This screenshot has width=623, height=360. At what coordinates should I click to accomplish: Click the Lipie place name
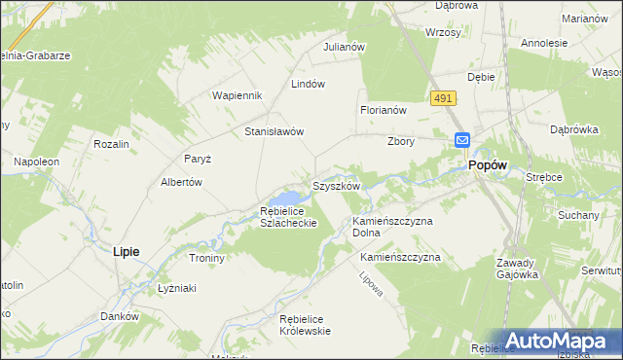pos(126,251)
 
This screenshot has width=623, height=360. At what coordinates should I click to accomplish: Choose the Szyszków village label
pos(336,185)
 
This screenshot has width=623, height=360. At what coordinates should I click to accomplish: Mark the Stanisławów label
pos(275,131)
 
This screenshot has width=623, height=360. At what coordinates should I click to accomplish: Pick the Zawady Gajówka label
pos(516,269)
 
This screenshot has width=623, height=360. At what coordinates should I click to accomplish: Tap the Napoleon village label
pos(36,161)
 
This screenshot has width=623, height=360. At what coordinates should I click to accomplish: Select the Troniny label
pos(206,259)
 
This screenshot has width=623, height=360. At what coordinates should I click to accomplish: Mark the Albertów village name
pos(180,182)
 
